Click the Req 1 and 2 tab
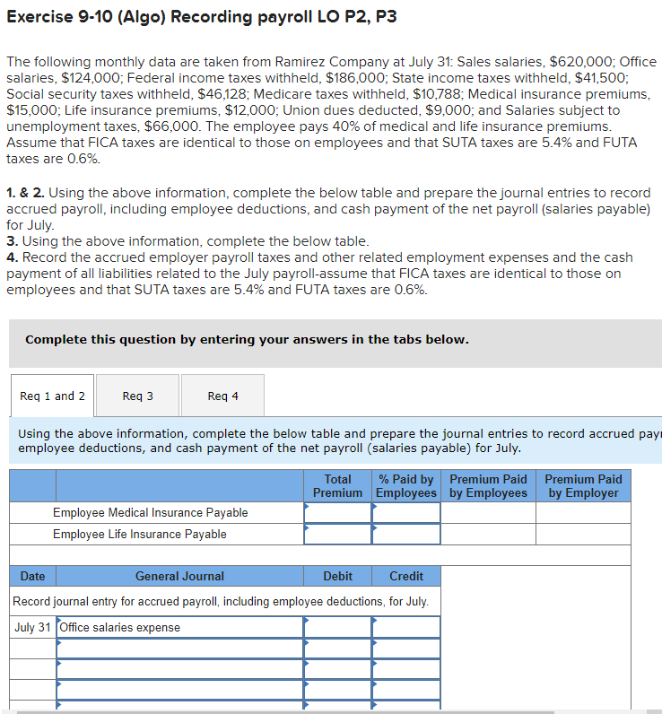point(52,396)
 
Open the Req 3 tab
point(137,396)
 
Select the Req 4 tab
point(222,396)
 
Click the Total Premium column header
point(337,486)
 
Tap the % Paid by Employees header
point(406,486)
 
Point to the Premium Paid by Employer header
point(583,486)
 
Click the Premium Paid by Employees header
point(488,486)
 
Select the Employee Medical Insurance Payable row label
point(150,512)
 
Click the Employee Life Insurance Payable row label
point(139,534)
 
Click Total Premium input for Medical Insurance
point(337,512)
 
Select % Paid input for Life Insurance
point(406,534)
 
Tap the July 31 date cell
point(32,627)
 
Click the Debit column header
point(337,576)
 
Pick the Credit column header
point(406,576)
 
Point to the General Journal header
point(179,576)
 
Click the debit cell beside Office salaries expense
point(337,627)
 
